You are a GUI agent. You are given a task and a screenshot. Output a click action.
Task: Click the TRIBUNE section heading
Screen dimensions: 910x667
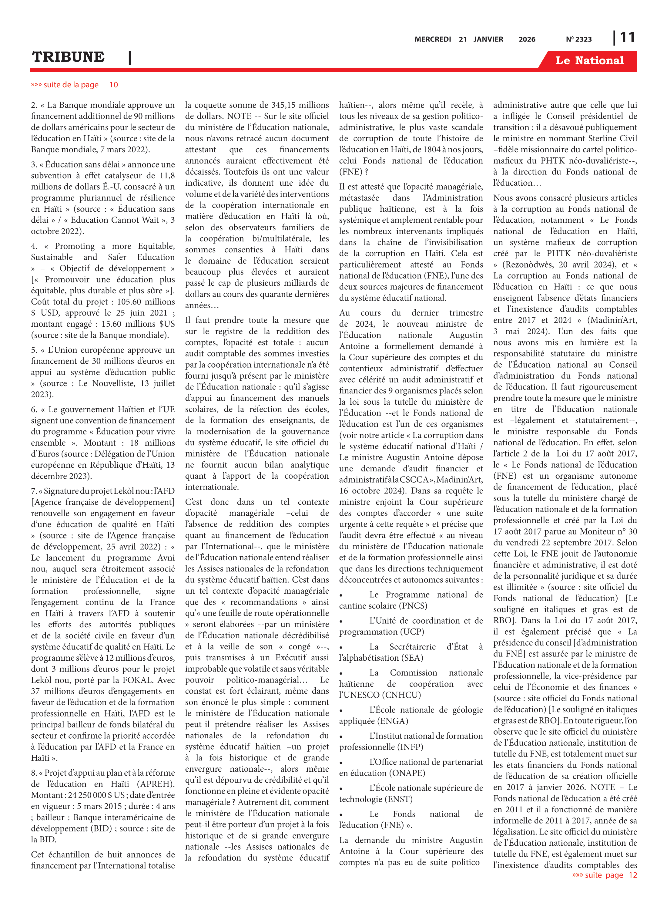pos(68,57)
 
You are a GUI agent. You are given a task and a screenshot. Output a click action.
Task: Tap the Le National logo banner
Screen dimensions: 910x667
pos(589,61)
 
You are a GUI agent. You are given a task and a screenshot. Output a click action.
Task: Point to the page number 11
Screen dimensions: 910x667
pos(627,38)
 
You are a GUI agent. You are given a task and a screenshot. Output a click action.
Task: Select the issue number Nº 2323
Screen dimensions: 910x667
pos(578,39)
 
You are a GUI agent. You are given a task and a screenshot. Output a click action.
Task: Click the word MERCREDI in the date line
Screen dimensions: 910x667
pos(432,39)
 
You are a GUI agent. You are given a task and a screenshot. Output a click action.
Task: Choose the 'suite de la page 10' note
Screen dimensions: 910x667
pos(74,85)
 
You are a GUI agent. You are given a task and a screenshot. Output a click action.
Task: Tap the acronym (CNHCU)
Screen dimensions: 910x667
pos(399,695)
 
